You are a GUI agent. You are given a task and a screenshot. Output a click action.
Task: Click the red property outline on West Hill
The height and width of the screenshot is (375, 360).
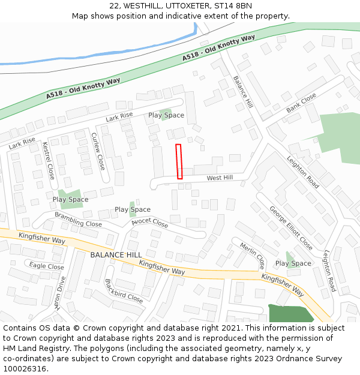coord(179,161)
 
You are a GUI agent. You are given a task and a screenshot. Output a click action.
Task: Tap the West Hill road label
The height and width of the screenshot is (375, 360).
coord(220,178)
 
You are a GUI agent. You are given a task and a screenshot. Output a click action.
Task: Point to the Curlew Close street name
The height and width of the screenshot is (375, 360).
coord(98,151)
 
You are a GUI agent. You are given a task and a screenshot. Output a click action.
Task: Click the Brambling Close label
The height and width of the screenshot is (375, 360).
coord(78,219)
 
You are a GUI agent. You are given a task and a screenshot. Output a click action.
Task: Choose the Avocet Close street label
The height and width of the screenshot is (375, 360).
coord(150,223)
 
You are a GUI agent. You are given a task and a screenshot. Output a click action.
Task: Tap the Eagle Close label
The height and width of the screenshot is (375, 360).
coord(46,266)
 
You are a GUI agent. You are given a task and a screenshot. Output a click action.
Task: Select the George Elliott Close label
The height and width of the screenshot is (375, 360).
coord(290,228)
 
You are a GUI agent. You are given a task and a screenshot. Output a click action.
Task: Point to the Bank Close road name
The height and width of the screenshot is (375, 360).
coord(301,103)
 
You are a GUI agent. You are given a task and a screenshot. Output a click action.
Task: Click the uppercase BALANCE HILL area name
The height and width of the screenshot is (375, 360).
coord(116,255)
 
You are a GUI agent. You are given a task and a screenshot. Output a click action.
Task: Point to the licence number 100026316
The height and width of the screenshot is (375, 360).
coord(25,368)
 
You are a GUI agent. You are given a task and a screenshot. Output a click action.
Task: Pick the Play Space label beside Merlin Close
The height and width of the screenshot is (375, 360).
coord(293,263)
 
